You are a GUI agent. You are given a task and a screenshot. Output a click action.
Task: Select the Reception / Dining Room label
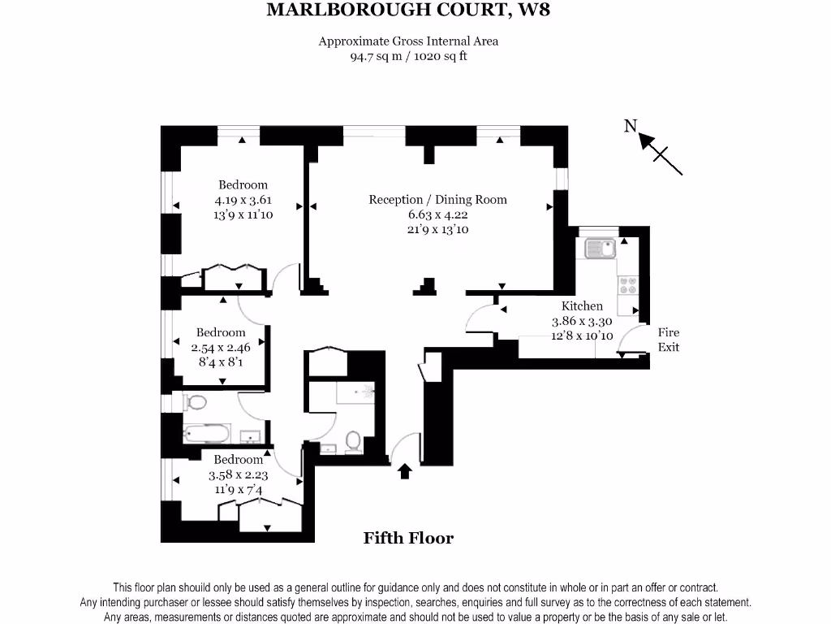click(437, 200)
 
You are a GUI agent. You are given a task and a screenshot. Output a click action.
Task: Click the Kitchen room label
click(582, 306)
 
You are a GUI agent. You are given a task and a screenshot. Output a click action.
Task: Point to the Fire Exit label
click(668, 340)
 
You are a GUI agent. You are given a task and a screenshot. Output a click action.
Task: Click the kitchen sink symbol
click(600, 247)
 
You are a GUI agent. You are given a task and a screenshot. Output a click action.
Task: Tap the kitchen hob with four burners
click(628, 285)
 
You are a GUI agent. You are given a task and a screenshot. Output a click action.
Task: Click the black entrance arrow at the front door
click(404, 471)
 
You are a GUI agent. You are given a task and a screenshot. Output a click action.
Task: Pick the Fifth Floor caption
click(408, 538)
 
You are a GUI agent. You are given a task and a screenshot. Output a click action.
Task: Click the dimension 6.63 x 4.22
click(437, 215)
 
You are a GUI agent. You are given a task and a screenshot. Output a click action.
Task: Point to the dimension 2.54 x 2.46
click(220, 348)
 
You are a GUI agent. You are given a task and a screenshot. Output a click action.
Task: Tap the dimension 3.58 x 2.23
click(239, 475)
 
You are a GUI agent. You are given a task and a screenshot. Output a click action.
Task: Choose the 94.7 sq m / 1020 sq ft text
click(408, 57)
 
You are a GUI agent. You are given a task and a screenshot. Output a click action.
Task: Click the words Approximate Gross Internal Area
click(408, 41)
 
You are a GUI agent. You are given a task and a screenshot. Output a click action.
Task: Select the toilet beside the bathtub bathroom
click(196, 402)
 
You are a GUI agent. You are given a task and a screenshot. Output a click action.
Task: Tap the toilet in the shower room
click(353, 441)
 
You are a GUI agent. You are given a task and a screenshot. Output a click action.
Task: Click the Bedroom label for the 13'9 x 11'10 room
click(243, 185)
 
